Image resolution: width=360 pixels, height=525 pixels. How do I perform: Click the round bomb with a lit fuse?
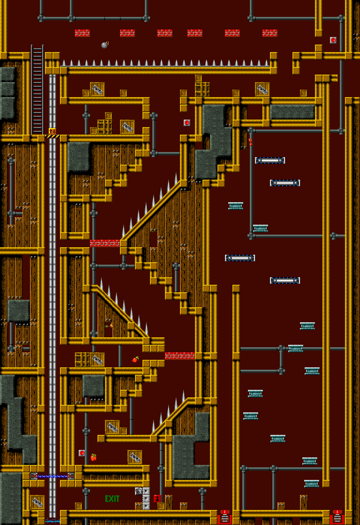(105, 45)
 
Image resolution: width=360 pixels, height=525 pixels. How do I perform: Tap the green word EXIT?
(112, 499)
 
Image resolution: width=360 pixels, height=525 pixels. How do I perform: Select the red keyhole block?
(157, 499)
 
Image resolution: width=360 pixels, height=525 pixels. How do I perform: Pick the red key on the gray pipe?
(250, 142)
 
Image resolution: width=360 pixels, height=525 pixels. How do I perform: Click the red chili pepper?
(135, 359)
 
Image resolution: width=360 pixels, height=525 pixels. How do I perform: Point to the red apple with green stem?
(93, 457)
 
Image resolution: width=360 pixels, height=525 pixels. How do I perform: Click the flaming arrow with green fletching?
(109, 325)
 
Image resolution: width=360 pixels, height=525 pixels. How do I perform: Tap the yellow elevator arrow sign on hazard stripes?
(52, 131)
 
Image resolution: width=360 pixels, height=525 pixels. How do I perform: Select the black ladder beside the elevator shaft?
(37, 90)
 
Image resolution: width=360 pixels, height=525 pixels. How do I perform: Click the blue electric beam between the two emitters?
(52, 476)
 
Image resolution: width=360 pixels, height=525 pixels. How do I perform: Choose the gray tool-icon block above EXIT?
(138, 491)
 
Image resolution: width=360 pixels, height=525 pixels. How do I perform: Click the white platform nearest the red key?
(270, 160)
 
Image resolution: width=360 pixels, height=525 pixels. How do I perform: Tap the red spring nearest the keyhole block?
(225, 517)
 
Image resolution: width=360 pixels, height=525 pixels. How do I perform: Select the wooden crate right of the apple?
(135, 457)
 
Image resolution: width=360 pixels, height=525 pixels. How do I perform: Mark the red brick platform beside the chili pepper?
(180, 356)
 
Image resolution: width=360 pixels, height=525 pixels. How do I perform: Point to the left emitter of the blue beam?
(33, 476)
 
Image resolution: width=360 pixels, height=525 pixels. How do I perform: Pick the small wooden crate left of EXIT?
(79, 506)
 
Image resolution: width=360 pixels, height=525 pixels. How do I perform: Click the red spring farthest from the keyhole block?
(337, 517)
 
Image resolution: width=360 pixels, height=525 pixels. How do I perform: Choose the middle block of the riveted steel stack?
(146, 499)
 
